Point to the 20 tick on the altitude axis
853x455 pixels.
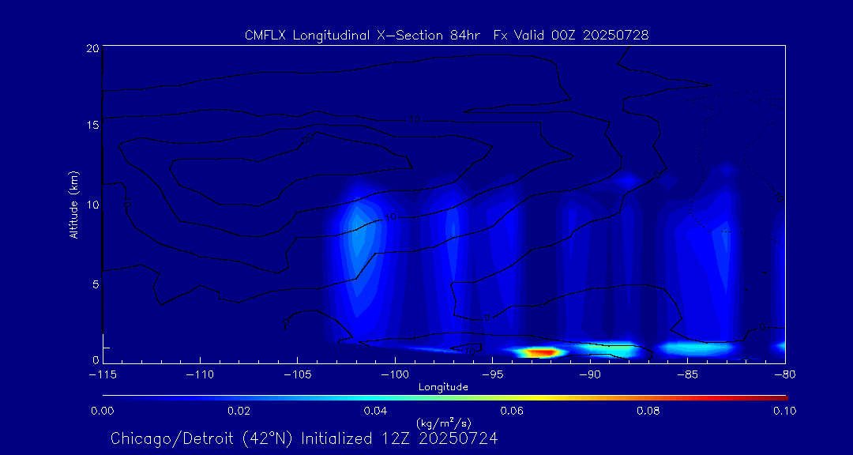pyautogui.click(x=93, y=48)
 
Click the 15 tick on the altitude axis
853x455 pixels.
pyautogui.click(x=93, y=126)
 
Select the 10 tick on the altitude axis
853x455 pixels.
pyautogui.click(x=93, y=205)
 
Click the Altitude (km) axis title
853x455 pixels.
pyautogui.click(x=74, y=205)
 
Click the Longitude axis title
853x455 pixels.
pyautogui.click(x=443, y=387)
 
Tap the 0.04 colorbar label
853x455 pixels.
pyautogui.click(x=375, y=411)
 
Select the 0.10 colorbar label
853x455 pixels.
pyautogui.click(x=784, y=411)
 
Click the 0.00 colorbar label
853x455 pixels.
pyautogui.click(x=103, y=411)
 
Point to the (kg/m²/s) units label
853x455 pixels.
pyautogui.click(x=443, y=423)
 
